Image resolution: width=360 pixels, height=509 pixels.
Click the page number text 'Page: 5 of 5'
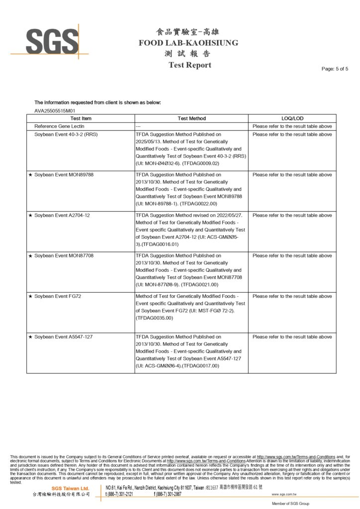click(335, 69)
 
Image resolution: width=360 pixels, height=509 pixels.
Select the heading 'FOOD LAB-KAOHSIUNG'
click(188, 43)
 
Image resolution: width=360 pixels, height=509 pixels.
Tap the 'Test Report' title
click(189, 65)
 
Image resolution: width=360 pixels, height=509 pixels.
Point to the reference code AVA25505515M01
click(55, 111)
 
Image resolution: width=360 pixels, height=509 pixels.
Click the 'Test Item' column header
click(81, 119)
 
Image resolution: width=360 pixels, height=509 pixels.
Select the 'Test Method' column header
click(191, 119)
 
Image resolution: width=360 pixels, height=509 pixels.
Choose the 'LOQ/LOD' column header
click(292, 119)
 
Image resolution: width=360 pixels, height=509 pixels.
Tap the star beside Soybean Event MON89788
click(30, 175)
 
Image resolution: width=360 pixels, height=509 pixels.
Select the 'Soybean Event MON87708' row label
click(64, 255)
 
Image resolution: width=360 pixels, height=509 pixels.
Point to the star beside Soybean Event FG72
click(30, 296)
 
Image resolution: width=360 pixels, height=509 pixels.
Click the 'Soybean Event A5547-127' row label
click(63, 337)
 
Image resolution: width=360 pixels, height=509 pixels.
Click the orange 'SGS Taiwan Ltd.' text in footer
click(70, 488)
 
